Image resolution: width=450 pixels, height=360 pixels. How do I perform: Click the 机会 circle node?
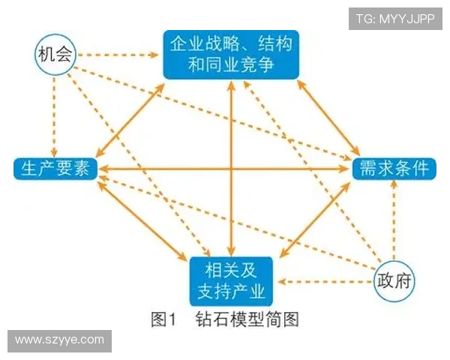(55, 55)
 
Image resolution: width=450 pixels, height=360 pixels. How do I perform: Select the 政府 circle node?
(395, 282)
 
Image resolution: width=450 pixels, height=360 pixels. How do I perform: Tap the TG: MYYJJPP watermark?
(394, 18)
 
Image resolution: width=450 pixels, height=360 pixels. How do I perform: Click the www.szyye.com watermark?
(60, 340)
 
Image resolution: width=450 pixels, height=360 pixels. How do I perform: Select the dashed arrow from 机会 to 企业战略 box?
(120, 55)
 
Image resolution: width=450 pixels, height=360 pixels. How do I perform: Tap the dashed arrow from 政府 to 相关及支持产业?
(322, 283)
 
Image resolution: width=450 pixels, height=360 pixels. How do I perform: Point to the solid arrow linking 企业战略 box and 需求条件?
(330, 120)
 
